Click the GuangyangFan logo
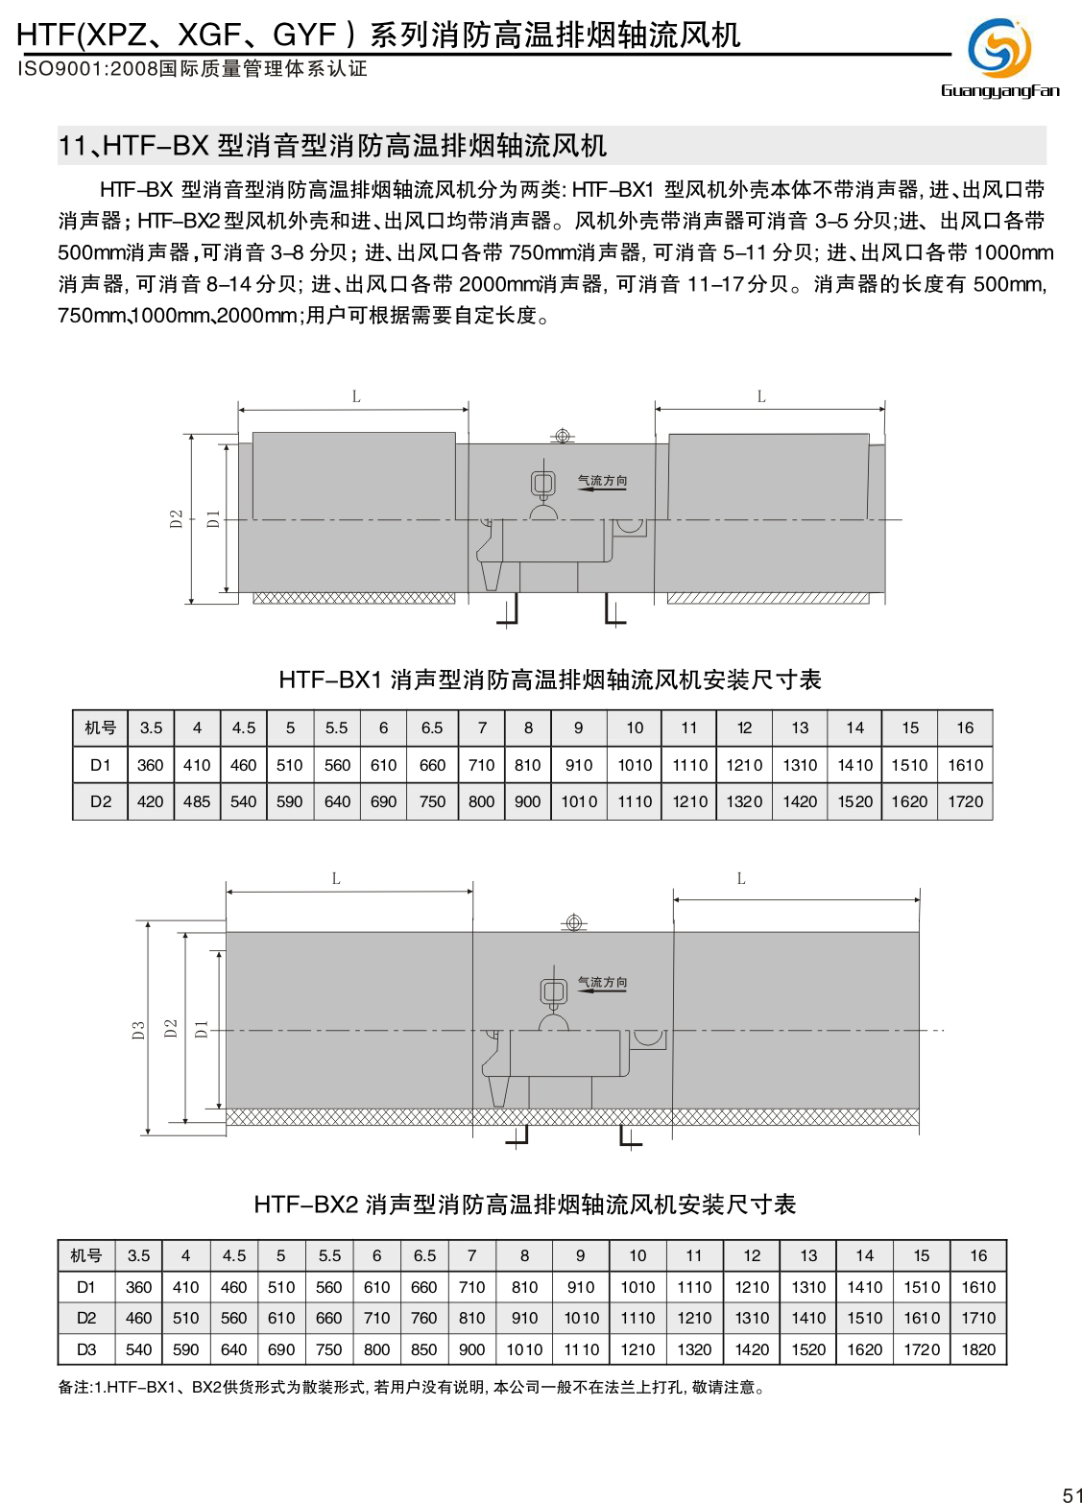point(999,57)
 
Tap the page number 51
point(1071,1492)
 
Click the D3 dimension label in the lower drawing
point(139,1030)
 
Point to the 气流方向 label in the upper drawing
point(602,480)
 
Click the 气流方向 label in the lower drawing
point(602,982)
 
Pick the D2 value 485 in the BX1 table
point(197,801)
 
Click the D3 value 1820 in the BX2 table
point(978,1349)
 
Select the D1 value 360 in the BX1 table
point(151,765)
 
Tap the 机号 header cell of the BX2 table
point(86,1255)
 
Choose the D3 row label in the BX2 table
point(86,1349)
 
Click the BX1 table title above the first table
point(550,680)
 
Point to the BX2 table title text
point(525,1205)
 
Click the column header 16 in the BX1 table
point(965,728)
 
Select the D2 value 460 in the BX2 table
point(139,1318)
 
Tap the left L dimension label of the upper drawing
point(356,396)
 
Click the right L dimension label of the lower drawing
point(741,878)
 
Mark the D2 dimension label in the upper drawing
point(177,518)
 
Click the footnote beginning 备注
point(412,1387)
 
